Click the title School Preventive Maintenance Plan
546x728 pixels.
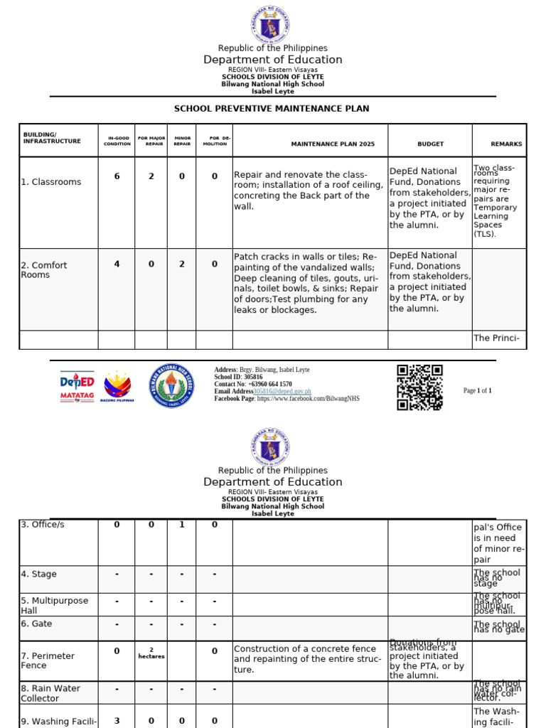point(272,109)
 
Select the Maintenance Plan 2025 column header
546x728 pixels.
point(332,144)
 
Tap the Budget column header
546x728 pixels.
point(430,144)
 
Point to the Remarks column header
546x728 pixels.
point(505,144)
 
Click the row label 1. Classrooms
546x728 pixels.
point(50,182)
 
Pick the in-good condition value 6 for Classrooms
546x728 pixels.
point(117,176)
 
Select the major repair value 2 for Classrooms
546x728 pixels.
point(151,176)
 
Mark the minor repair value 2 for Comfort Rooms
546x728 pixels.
point(182,264)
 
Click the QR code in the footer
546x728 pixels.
point(419,387)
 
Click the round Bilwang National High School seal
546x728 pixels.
point(171,386)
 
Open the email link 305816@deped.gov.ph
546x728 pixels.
point(282,392)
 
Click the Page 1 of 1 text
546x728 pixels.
point(477,391)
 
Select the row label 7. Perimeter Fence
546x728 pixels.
point(48,660)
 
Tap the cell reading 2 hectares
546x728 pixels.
point(151,653)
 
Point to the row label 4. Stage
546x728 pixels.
point(38,574)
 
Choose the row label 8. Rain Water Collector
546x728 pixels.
point(50,693)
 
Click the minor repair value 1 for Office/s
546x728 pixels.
point(182,525)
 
